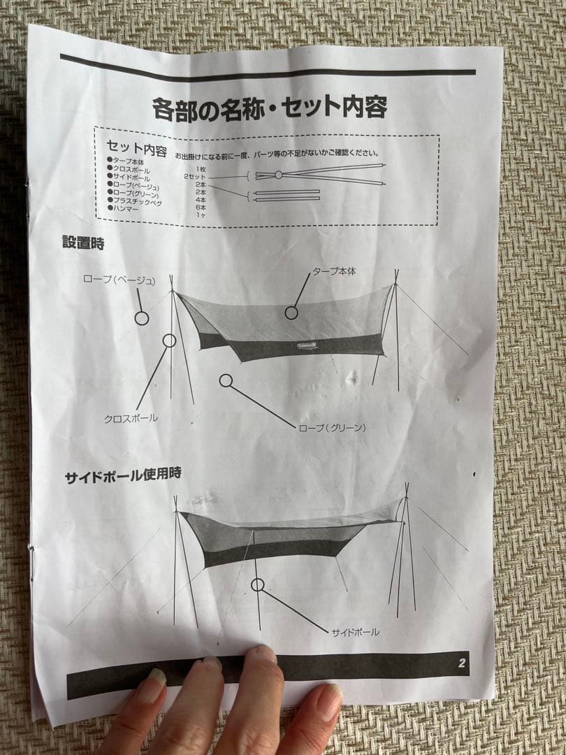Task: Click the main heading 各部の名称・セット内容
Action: [x=270, y=109]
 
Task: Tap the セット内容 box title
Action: [x=136, y=149]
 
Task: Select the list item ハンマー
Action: [x=126, y=208]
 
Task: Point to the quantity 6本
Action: [x=201, y=208]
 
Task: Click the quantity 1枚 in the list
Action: [x=201, y=170]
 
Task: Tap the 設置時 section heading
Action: [x=83, y=243]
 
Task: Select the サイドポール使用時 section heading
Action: [x=123, y=475]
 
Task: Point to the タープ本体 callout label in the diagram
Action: [x=334, y=271]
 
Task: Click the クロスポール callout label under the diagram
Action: [x=131, y=418]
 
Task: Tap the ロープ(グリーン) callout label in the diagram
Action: [x=332, y=427]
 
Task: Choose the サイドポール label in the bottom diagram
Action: [x=355, y=632]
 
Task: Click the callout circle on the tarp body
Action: [x=291, y=312]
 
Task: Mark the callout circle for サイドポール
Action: [x=258, y=584]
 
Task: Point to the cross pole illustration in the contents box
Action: [x=318, y=174]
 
